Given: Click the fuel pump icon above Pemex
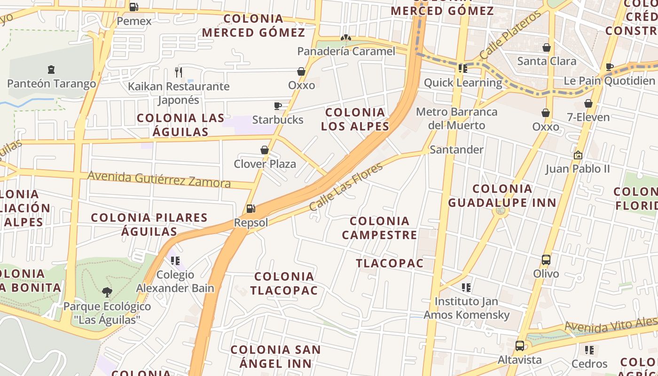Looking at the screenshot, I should (133, 7).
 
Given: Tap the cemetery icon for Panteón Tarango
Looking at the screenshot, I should (51, 70).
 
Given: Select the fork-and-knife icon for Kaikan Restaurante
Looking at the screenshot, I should (178, 72).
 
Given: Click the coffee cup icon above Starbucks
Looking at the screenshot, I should (278, 106).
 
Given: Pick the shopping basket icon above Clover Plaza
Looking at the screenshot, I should (265, 150).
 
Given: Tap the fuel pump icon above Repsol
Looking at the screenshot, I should (251, 208).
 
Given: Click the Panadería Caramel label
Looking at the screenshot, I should (346, 51).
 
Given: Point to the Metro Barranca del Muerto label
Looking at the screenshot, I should (457, 118).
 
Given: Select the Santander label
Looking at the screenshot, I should (456, 149).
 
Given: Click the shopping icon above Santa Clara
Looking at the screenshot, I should (547, 47).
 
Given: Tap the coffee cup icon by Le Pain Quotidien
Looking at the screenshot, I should (610, 67).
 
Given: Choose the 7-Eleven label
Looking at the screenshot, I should (588, 117).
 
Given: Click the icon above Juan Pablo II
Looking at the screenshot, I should (578, 155).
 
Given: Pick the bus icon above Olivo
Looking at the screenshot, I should (546, 259).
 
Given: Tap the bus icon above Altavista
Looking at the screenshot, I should (520, 346).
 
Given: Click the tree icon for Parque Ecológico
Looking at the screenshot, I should (107, 292).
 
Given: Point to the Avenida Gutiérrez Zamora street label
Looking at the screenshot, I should (159, 180).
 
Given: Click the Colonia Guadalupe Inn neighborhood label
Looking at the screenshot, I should (502, 196).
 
